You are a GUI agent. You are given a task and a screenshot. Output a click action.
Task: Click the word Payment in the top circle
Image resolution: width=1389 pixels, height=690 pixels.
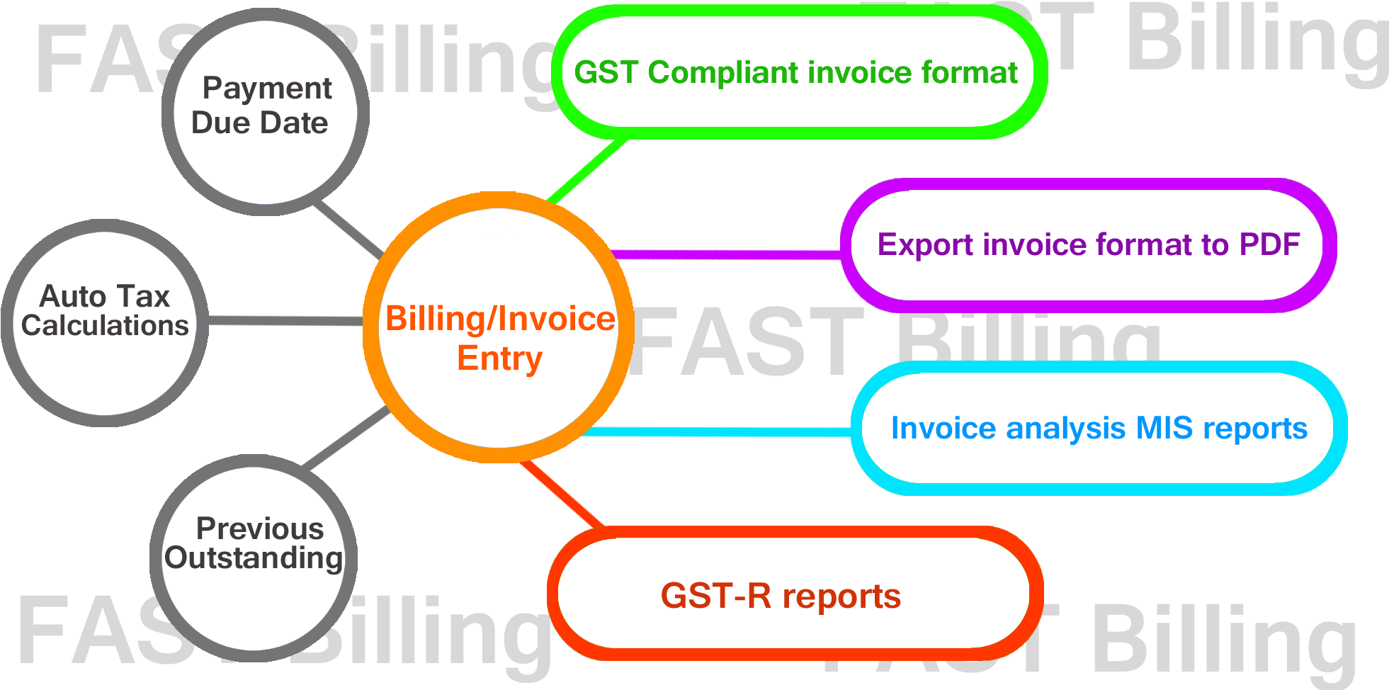[266, 89]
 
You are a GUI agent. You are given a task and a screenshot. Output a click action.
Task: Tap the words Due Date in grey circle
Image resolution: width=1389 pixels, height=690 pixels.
[259, 123]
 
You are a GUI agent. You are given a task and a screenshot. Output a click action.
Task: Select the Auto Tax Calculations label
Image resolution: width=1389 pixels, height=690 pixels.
[105, 311]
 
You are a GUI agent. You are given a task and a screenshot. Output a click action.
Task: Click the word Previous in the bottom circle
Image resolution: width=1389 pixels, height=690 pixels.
[259, 528]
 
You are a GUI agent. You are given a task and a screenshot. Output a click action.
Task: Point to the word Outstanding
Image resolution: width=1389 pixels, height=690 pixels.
[254, 558]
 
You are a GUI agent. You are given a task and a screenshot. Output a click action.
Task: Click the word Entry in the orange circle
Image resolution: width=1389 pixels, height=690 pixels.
[499, 358]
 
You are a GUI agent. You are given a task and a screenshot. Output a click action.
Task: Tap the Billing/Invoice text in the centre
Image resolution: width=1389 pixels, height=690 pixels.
[499, 319]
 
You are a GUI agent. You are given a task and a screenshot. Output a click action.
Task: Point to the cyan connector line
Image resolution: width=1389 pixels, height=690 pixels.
[715, 431]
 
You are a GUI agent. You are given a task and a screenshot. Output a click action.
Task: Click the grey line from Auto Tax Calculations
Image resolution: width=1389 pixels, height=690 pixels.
[283, 321]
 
